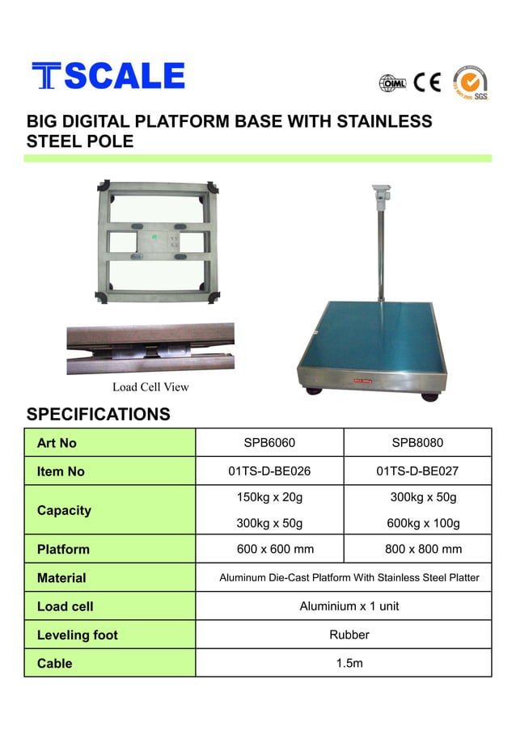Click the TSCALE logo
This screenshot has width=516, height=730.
[108, 76]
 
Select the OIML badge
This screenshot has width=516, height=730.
[392, 82]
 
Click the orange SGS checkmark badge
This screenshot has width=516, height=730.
[470, 82]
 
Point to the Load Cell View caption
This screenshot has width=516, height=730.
[150, 387]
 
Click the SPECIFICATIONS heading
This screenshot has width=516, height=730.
[99, 415]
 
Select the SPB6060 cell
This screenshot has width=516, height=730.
[269, 443]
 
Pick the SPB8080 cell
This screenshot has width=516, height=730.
[417, 443]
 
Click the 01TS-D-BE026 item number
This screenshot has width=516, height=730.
[269, 471]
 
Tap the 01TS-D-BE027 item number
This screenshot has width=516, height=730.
[417, 471]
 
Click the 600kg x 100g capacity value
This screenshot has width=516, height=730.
[423, 523]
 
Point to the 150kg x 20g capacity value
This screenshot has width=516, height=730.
[269, 496]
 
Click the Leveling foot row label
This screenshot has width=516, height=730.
[78, 635]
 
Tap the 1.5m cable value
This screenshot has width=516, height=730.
[349, 663]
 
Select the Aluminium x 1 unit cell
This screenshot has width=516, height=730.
[349, 606]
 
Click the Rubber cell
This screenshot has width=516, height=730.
[349, 635]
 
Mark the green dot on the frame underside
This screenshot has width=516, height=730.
[154, 238]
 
